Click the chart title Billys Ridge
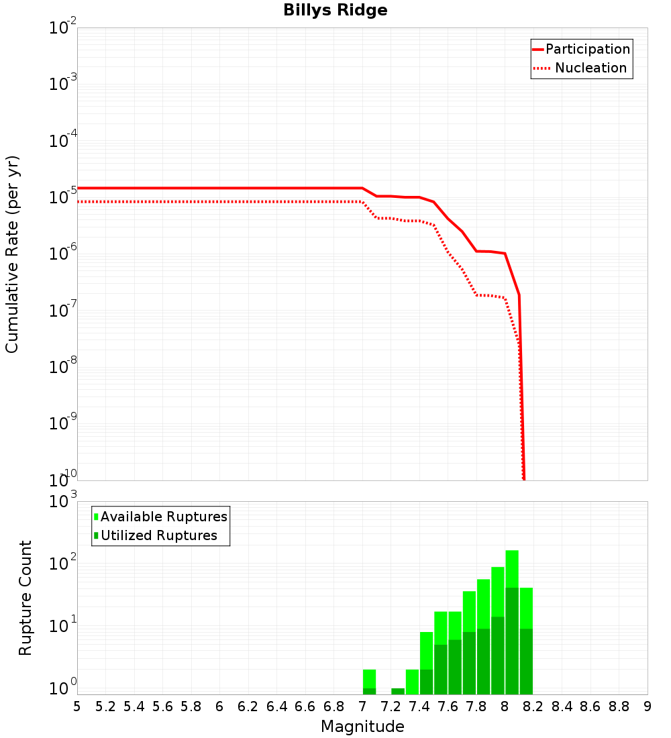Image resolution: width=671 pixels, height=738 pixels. [x=335, y=11]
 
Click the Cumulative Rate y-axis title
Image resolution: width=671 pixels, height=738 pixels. [x=12, y=254]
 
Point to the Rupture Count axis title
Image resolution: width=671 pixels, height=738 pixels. [x=25, y=598]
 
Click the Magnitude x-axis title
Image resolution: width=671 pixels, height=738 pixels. [x=362, y=727]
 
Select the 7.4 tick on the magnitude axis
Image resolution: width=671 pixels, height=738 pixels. [x=419, y=706]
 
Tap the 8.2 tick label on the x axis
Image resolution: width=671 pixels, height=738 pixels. [x=533, y=706]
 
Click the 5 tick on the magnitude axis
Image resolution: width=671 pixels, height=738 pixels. [x=77, y=706]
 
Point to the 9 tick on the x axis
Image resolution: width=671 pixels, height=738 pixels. [x=648, y=706]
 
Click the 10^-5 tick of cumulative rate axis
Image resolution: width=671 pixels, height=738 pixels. [x=63, y=198]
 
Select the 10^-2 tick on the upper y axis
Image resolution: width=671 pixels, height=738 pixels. [x=63, y=28]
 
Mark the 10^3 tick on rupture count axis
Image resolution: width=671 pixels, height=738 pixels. [x=63, y=502]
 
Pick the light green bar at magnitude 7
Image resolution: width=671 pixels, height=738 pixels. [x=369, y=678]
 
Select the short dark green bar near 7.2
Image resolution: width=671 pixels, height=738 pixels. [x=398, y=691]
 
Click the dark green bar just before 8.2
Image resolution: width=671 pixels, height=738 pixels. [x=526, y=661]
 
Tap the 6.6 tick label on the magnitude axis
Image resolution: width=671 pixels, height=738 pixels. [x=305, y=706]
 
